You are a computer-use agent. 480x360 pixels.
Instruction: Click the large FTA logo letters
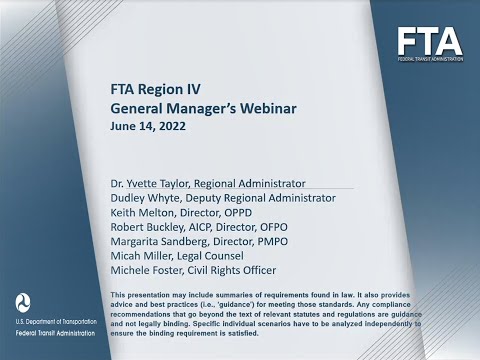click(x=430, y=42)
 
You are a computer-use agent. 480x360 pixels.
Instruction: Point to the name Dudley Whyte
click(x=144, y=198)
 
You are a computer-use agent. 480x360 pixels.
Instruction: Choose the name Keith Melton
click(x=141, y=213)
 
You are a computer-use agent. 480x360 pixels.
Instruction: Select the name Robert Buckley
click(x=146, y=228)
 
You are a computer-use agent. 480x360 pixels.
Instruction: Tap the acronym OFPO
click(x=281, y=228)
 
